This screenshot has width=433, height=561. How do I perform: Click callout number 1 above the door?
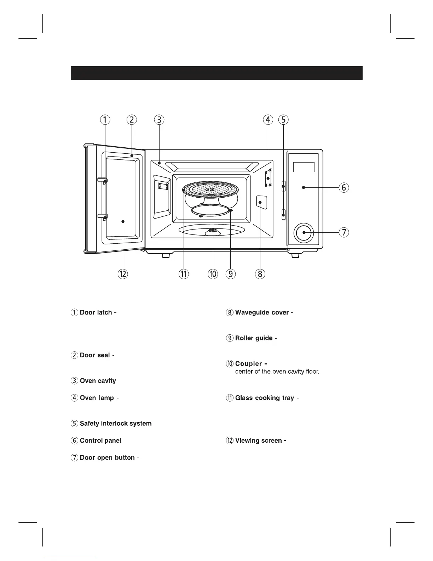coord(105,120)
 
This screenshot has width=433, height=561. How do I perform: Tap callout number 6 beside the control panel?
coord(343,187)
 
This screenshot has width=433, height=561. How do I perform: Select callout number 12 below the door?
coord(123,274)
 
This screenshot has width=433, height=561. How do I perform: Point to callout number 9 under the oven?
coord(230,274)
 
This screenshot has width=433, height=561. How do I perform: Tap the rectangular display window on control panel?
coord(304,167)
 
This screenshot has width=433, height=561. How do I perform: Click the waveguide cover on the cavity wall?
coord(261,202)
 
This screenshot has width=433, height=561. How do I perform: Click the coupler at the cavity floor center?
coord(213,231)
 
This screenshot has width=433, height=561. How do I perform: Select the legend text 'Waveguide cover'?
coord(262,313)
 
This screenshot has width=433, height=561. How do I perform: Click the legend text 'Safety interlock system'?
coord(116,424)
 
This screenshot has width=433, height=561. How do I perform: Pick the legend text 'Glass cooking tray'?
coord(265,398)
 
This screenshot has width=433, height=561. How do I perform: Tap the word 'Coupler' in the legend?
coord(248,364)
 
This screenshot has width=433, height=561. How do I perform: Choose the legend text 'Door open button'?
coord(107,458)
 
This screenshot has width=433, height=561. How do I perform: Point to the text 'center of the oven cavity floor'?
coord(277,372)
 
